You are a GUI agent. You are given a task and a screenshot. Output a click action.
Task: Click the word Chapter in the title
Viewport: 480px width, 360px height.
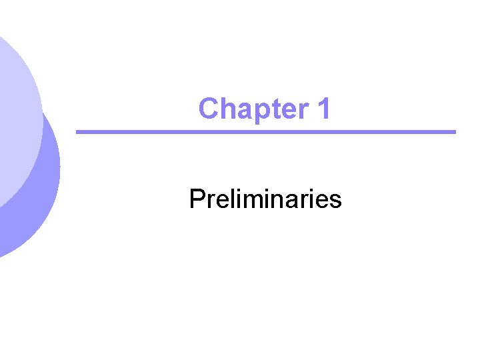[254, 109]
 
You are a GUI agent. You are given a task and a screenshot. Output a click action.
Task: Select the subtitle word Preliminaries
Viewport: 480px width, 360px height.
[265, 199]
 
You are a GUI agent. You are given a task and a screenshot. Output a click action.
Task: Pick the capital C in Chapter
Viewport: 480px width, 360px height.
[209, 109]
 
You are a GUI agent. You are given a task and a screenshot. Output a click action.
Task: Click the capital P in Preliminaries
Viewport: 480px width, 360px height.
[197, 199]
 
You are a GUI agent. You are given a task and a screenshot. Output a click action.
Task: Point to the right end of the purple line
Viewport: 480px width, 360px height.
[453, 132]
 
